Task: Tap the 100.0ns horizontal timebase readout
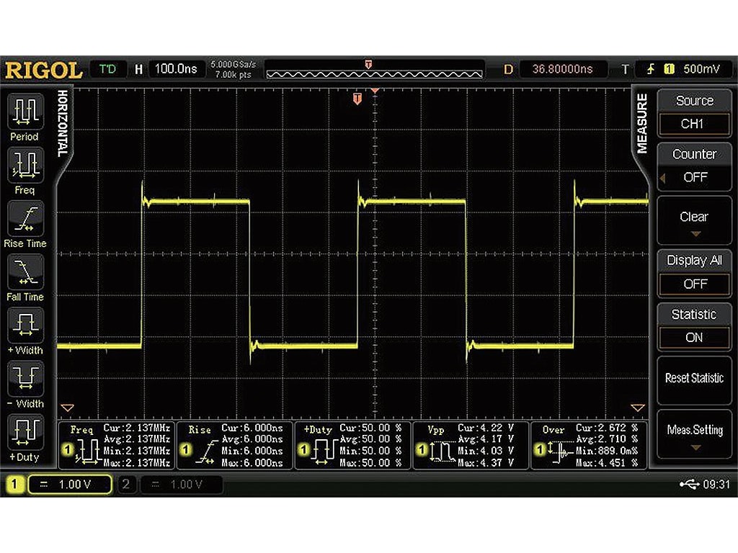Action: point(176,69)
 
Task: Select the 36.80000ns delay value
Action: point(562,69)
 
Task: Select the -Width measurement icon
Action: point(25,379)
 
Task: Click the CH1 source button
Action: point(693,124)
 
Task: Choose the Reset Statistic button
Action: point(693,378)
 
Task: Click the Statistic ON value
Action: point(694,337)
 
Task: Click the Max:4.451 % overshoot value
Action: point(605,462)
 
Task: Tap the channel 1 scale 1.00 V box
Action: point(70,485)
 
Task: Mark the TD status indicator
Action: point(107,69)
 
